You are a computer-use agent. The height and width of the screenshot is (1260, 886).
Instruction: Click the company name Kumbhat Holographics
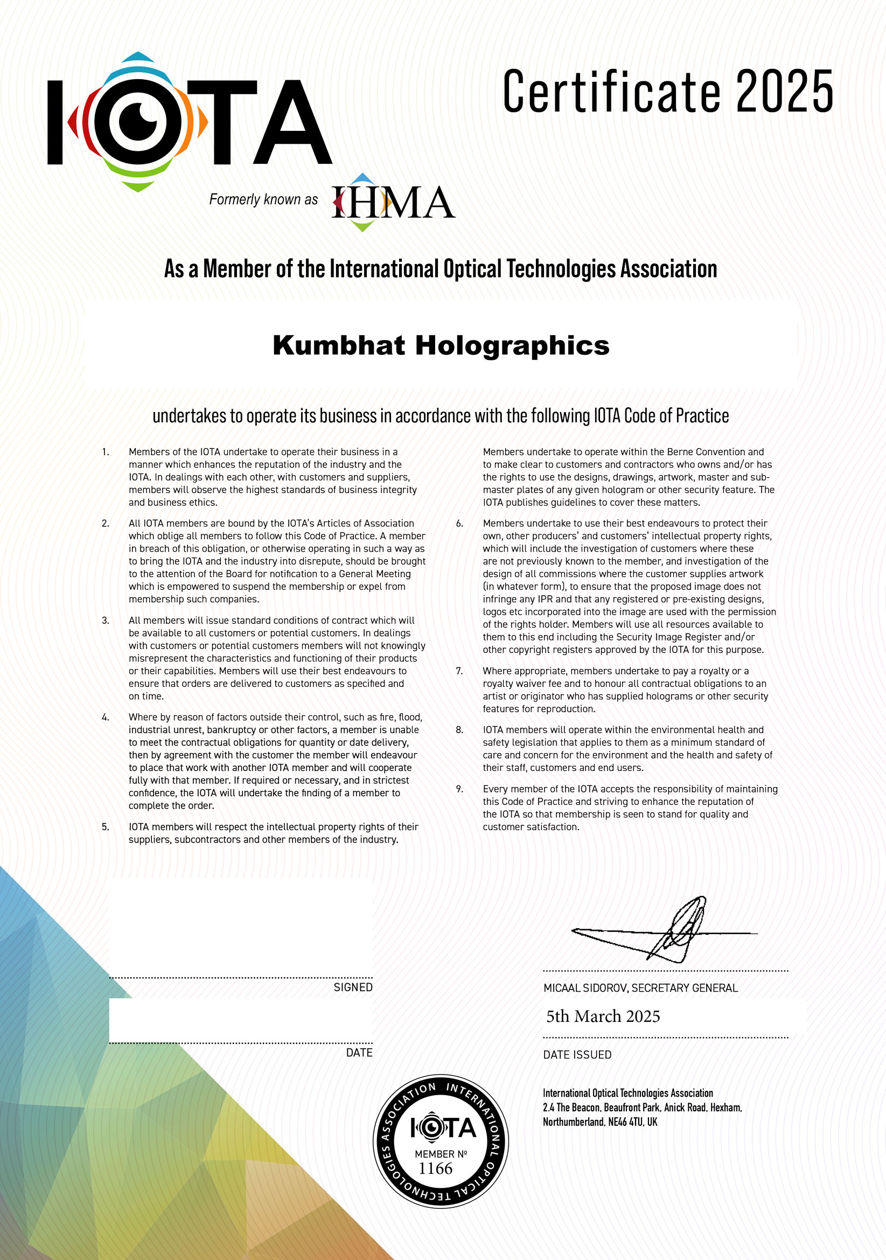coord(441,346)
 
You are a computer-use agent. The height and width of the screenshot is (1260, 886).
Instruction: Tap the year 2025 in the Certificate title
coord(784,92)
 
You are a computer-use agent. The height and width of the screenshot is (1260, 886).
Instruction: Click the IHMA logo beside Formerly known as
coord(393,202)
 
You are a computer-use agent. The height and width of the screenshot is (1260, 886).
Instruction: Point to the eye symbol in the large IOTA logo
coord(138,122)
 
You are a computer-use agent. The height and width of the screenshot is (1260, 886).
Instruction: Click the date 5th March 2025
coord(603,1017)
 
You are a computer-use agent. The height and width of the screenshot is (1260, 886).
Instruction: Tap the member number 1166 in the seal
coord(436,1168)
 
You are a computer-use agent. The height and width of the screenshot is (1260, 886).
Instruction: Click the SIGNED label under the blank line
coord(353,987)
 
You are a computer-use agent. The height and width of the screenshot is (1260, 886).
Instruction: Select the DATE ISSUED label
coord(577,1055)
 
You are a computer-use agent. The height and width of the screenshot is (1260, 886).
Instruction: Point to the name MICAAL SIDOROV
coord(585,988)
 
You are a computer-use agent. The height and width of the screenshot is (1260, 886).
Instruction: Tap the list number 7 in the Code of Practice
coord(459,671)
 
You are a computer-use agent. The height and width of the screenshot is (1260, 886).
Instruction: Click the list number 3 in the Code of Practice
coord(106,621)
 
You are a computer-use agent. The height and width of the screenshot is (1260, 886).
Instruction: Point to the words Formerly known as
coord(263,199)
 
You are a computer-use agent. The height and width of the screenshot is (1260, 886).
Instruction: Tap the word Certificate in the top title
coord(611,92)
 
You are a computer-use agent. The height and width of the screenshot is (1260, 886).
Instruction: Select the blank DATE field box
coord(240,1020)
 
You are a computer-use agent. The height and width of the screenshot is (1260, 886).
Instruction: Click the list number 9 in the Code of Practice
coord(459,789)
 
